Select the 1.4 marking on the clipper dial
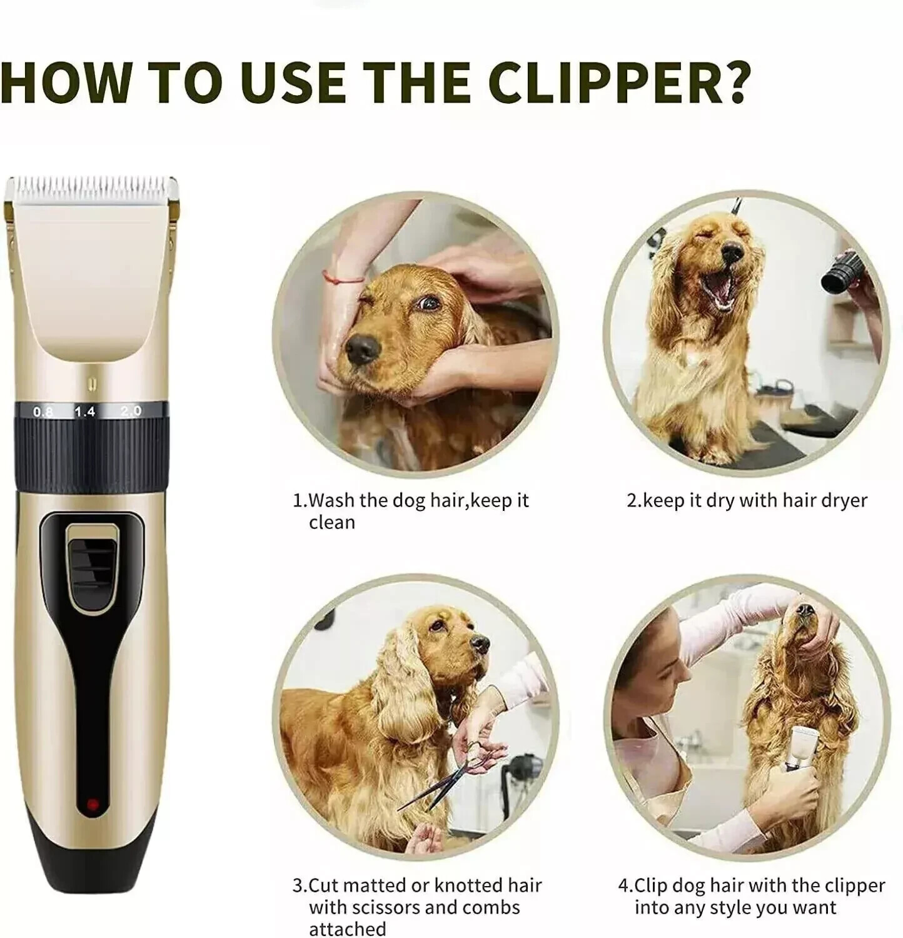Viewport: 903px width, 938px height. [x=85, y=411]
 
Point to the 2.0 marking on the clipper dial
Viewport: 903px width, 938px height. [x=131, y=411]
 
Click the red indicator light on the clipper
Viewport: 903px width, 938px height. [x=93, y=804]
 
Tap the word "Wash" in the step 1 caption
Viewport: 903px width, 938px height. [x=331, y=500]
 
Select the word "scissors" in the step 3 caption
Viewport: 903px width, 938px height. [x=401, y=907]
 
